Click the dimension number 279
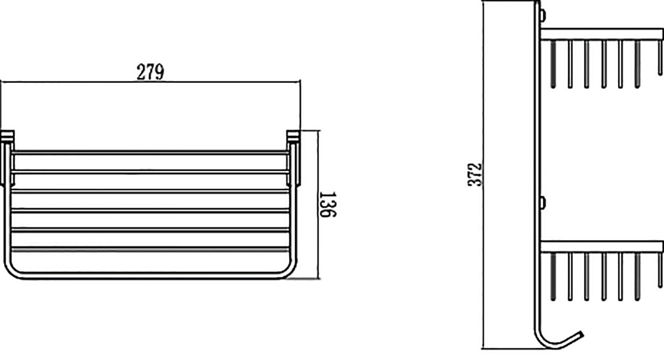coord(150,72)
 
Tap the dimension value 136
coord(328,204)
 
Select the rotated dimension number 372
coord(475,175)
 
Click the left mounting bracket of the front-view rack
coord(7,158)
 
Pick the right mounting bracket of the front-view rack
coord(294,158)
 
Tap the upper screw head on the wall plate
coord(543,15)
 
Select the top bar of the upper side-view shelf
coord(602,34)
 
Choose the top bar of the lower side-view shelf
coord(602,247)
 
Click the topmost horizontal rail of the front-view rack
coord(150,153)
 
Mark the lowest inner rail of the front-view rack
coord(150,249)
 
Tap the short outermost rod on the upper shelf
coord(660,58)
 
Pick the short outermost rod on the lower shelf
coord(660,270)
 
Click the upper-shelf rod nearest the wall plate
coord(553,64)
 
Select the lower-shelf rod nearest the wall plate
coord(553,277)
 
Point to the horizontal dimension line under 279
coord(150,82)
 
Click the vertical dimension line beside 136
coord(318,204)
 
